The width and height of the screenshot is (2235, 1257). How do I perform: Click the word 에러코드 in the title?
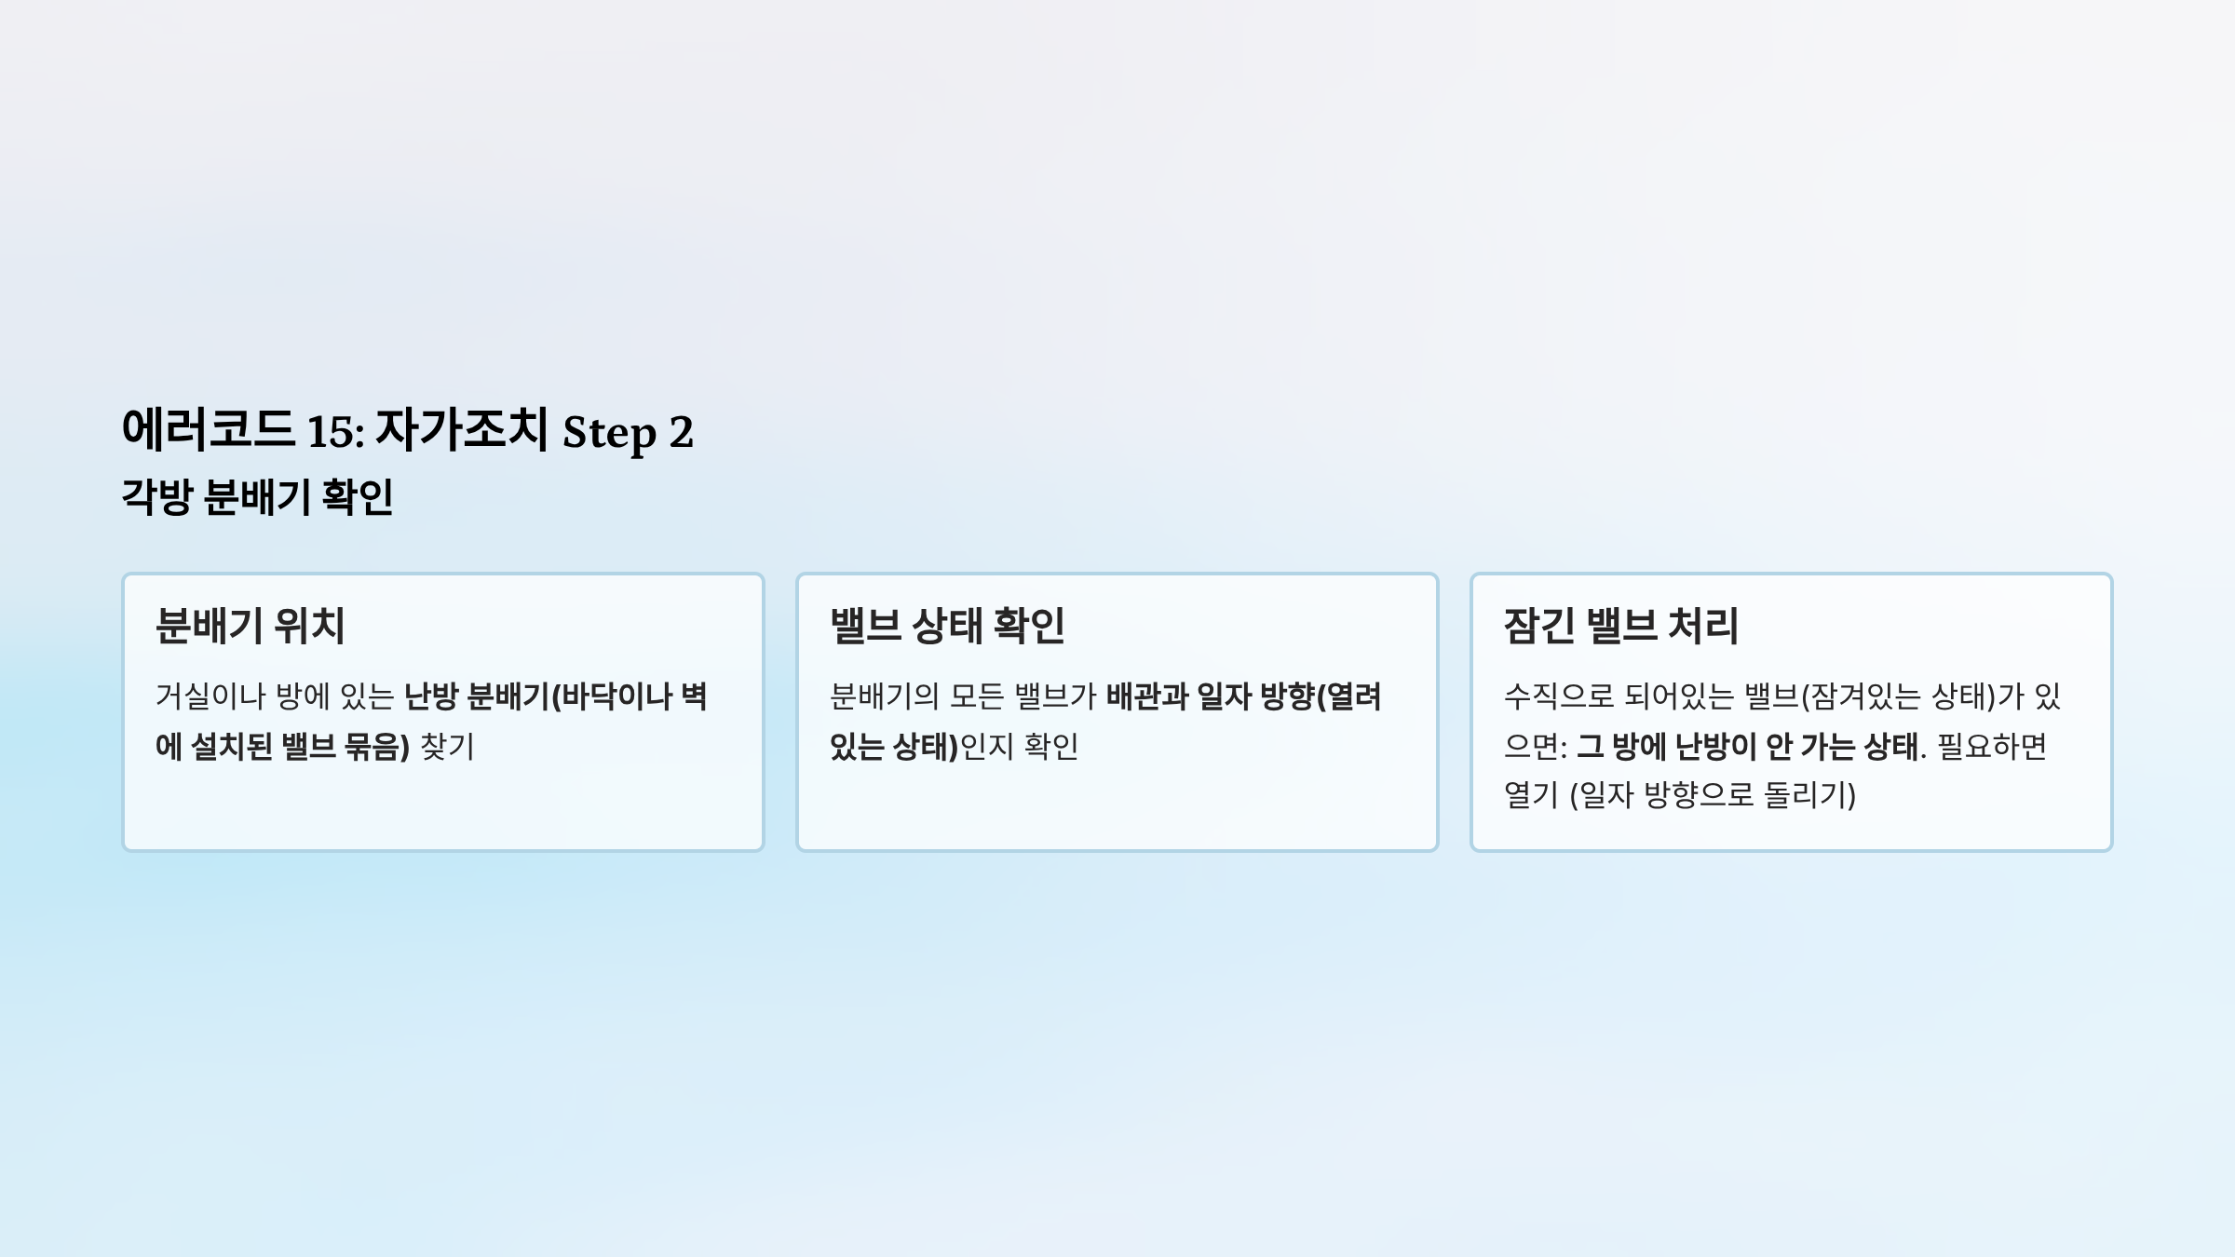(209, 429)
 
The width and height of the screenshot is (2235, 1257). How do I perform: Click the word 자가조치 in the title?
(462, 429)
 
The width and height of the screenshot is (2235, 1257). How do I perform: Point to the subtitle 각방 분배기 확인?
(258, 496)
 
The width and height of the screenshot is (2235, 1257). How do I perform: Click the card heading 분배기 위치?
(250, 626)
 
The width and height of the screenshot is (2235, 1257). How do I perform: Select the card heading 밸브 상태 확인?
(947, 626)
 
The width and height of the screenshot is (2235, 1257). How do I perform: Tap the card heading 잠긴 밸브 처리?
(1621, 626)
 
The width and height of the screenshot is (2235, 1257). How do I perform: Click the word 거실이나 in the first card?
(210, 696)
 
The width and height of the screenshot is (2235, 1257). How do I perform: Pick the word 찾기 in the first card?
(447, 746)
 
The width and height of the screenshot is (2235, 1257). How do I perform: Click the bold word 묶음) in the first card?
(376, 746)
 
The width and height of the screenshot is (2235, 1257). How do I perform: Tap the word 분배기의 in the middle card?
(885, 696)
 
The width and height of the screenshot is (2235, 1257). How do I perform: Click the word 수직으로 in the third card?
(1559, 696)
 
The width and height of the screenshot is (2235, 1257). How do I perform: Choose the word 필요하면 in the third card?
(1992, 746)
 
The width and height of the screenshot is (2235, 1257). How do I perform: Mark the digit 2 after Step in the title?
(682, 433)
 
